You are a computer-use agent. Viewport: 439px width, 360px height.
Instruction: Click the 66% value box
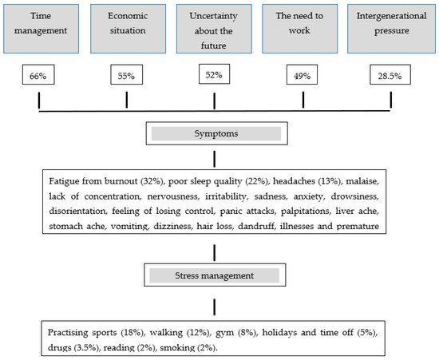tap(39, 76)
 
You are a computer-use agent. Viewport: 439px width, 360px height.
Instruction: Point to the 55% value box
tap(127, 76)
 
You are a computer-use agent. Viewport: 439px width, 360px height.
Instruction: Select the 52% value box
tap(215, 76)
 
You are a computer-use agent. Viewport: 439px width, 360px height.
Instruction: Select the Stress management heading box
tap(213, 276)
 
